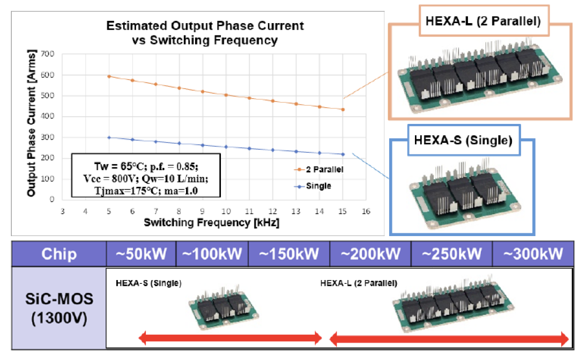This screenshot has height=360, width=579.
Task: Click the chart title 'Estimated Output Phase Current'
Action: tap(205, 26)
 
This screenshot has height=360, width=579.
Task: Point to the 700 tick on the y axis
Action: tap(48, 54)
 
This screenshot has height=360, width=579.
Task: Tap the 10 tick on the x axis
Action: tap(226, 211)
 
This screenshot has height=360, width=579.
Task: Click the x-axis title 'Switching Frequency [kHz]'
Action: tap(212, 223)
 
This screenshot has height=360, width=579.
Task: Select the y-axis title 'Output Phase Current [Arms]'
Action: tap(32, 123)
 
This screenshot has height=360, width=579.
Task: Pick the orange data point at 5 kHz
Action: tap(109, 77)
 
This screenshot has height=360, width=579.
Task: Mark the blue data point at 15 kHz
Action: tap(343, 154)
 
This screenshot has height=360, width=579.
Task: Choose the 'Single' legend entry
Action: tap(313, 186)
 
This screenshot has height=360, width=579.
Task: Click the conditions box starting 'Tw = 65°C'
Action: tap(146, 175)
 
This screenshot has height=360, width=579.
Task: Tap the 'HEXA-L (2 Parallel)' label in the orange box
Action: tap(484, 21)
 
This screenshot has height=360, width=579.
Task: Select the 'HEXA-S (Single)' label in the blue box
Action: tap(463, 140)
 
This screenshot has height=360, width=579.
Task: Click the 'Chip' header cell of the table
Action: tap(59, 254)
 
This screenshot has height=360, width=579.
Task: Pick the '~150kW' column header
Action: tap(289, 254)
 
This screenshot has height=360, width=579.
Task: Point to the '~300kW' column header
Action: tap(533, 254)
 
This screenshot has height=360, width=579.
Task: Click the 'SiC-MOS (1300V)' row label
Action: tap(59, 308)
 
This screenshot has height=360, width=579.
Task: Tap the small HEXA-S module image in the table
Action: tap(224, 306)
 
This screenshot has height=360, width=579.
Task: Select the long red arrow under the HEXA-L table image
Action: tap(449, 339)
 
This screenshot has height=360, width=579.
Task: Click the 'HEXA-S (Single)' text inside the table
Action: tap(149, 283)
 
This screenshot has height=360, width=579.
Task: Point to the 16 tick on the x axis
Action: tap(366, 211)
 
